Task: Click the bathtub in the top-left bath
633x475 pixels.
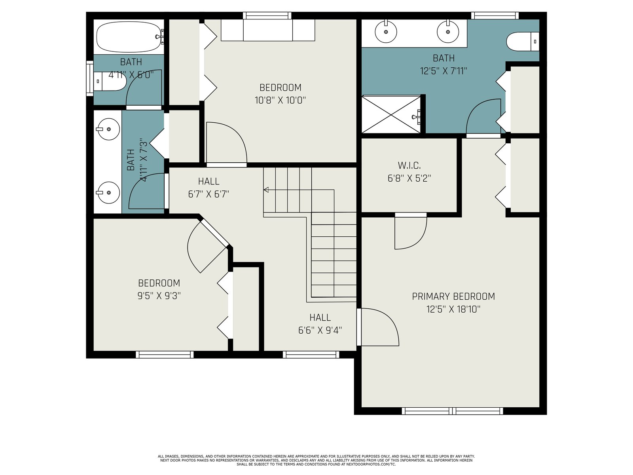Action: [x=129, y=37]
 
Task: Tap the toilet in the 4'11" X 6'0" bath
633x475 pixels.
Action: [x=110, y=81]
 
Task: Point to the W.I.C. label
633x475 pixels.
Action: [x=409, y=165]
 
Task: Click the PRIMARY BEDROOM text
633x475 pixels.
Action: [x=453, y=296]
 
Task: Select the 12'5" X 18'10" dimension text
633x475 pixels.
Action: [x=453, y=310]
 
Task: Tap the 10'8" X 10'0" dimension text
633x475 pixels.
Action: [x=280, y=101]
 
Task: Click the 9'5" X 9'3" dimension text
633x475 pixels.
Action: [x=159, y=296]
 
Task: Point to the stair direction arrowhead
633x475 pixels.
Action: [x=266, y=190]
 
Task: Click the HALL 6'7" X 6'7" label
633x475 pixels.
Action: [x=208, y=188]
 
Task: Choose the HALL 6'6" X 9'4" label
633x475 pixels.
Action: [x=320, y=323]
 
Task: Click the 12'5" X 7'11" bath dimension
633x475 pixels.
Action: [x=443, y=71]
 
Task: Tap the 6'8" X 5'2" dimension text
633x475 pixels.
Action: [x=409, y=179]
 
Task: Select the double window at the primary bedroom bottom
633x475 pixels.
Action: [x=452, y=411]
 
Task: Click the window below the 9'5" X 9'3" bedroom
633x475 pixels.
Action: [x=165, y=354]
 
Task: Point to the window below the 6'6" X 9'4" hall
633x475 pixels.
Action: [x=311, y=354]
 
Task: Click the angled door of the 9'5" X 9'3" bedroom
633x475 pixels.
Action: [x=214, y=233]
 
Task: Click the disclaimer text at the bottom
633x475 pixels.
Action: [x=316, y=461]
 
